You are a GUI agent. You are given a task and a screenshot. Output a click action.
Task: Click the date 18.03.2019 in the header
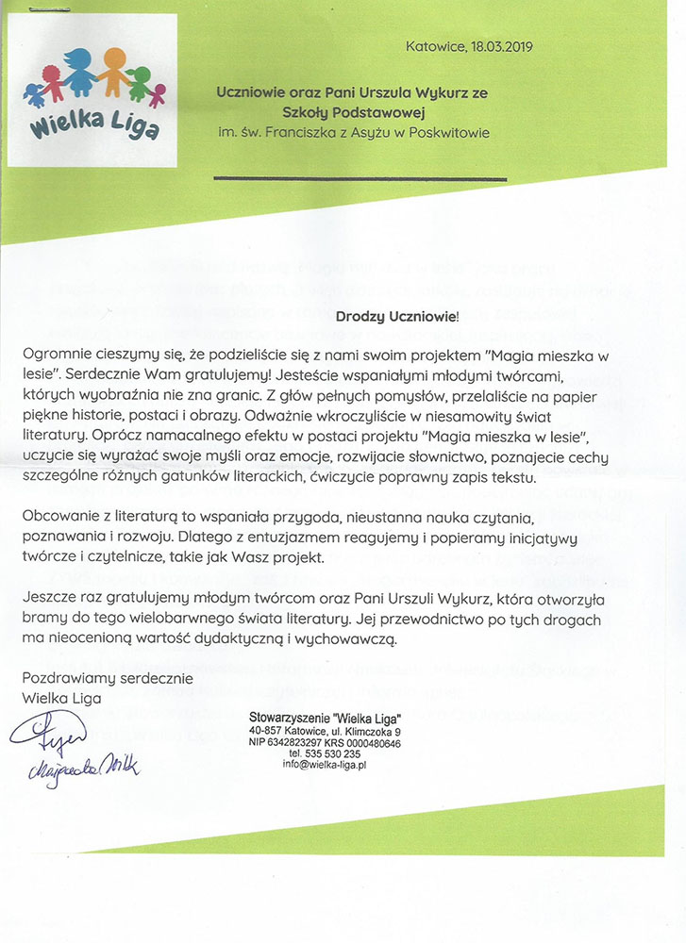click(x=507, y=44)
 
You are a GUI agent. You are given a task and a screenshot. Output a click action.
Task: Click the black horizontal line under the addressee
click(x=360, y=177)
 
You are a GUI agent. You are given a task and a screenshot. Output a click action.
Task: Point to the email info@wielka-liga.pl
click(x=324, y=766)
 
